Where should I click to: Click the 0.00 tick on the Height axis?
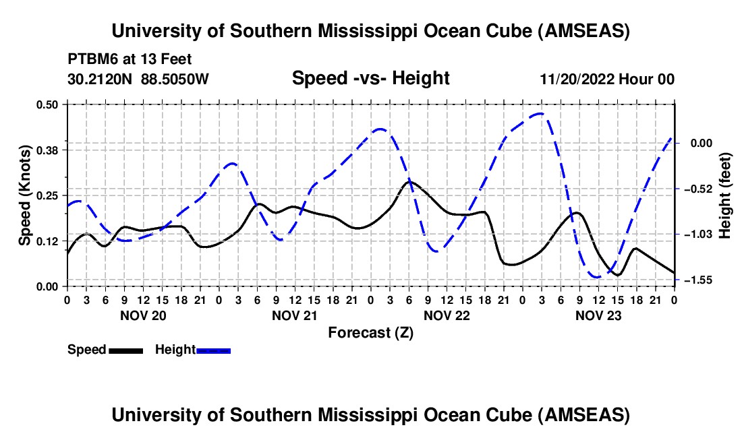[696, 143]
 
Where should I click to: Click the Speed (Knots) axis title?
[24, 195]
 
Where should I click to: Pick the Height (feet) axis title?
[725, 195]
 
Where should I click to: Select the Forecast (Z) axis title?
[370, 332]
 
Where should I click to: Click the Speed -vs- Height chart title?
[370, 79]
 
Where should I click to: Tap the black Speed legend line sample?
[125, 350]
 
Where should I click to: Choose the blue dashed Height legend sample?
[213, 350]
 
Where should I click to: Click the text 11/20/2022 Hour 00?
[607, 80]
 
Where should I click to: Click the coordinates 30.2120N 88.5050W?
[138, 79]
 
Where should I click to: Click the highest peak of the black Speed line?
[409, 181]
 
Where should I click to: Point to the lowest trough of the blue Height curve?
[596, 277]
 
